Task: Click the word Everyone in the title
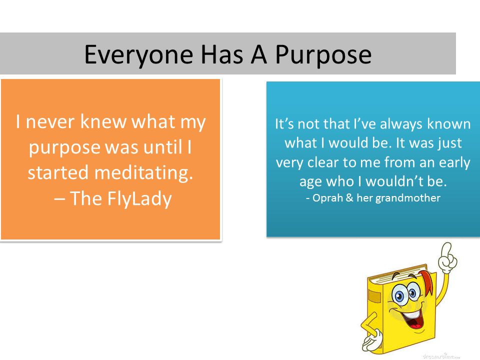138,55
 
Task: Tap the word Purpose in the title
323,55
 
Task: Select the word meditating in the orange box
143,173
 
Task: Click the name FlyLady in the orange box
139,199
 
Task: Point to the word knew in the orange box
103,122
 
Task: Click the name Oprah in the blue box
327,198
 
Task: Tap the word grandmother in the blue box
408,198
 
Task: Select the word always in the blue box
401,124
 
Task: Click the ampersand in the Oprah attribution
349,198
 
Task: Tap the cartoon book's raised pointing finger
446,248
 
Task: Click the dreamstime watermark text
441,356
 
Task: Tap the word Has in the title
222,55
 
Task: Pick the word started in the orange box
58,173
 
